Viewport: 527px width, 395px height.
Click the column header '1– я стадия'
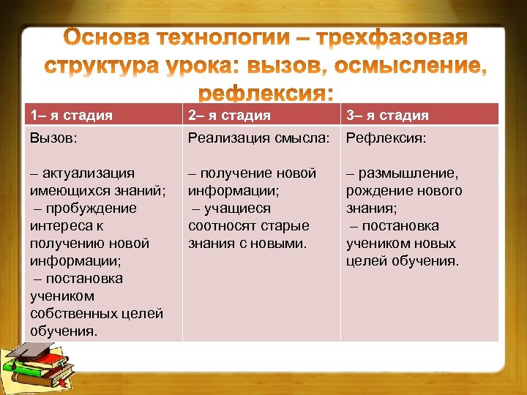click(71, 115)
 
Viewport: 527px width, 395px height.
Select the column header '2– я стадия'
click(229, 115)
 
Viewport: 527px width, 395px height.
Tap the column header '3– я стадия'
click(387, 115)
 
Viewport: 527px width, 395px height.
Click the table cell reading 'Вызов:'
click(52, 138)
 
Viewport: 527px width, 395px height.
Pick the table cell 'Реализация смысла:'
click(259, 138)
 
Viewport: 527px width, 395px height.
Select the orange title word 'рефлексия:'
click(266, 94)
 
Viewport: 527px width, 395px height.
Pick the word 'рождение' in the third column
click(376, 191)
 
